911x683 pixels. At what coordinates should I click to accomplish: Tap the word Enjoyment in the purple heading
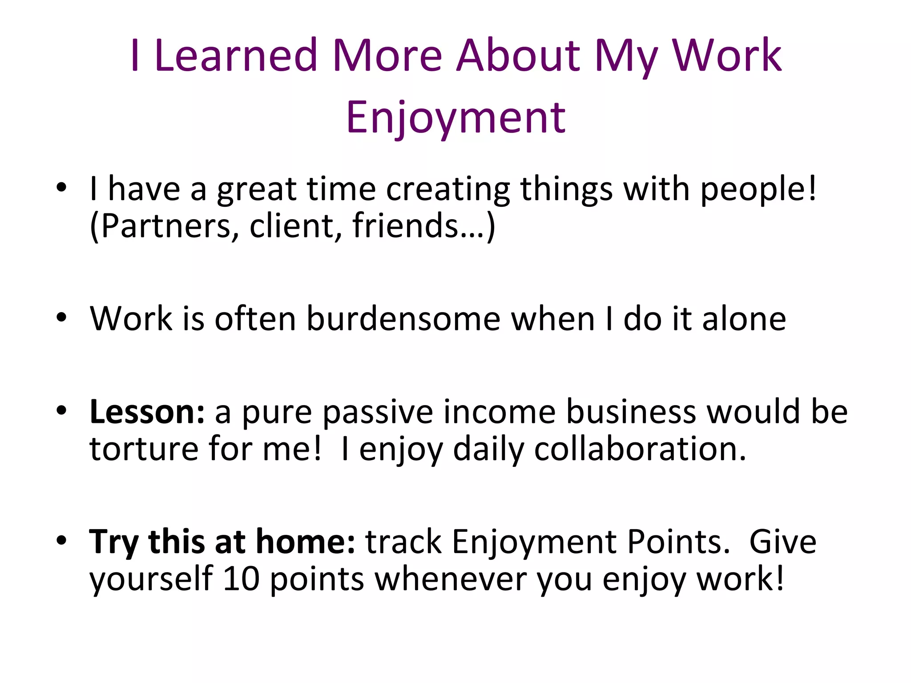pos(455,117)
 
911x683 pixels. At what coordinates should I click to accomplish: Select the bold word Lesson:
pos(147,412)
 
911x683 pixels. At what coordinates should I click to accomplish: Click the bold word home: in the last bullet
pos(306,542)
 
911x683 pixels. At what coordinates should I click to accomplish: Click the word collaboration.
pos(640,449)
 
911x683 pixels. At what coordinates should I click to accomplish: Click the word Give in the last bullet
pos(782,542)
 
